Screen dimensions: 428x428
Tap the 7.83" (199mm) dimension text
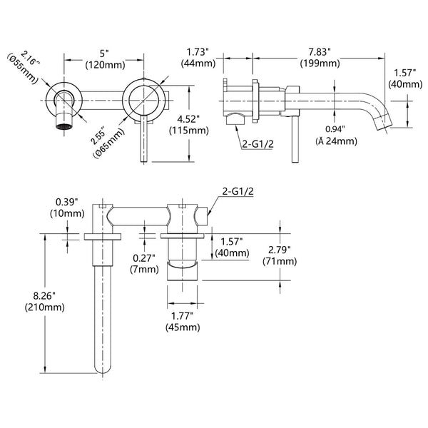319,58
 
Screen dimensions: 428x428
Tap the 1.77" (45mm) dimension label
182,322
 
